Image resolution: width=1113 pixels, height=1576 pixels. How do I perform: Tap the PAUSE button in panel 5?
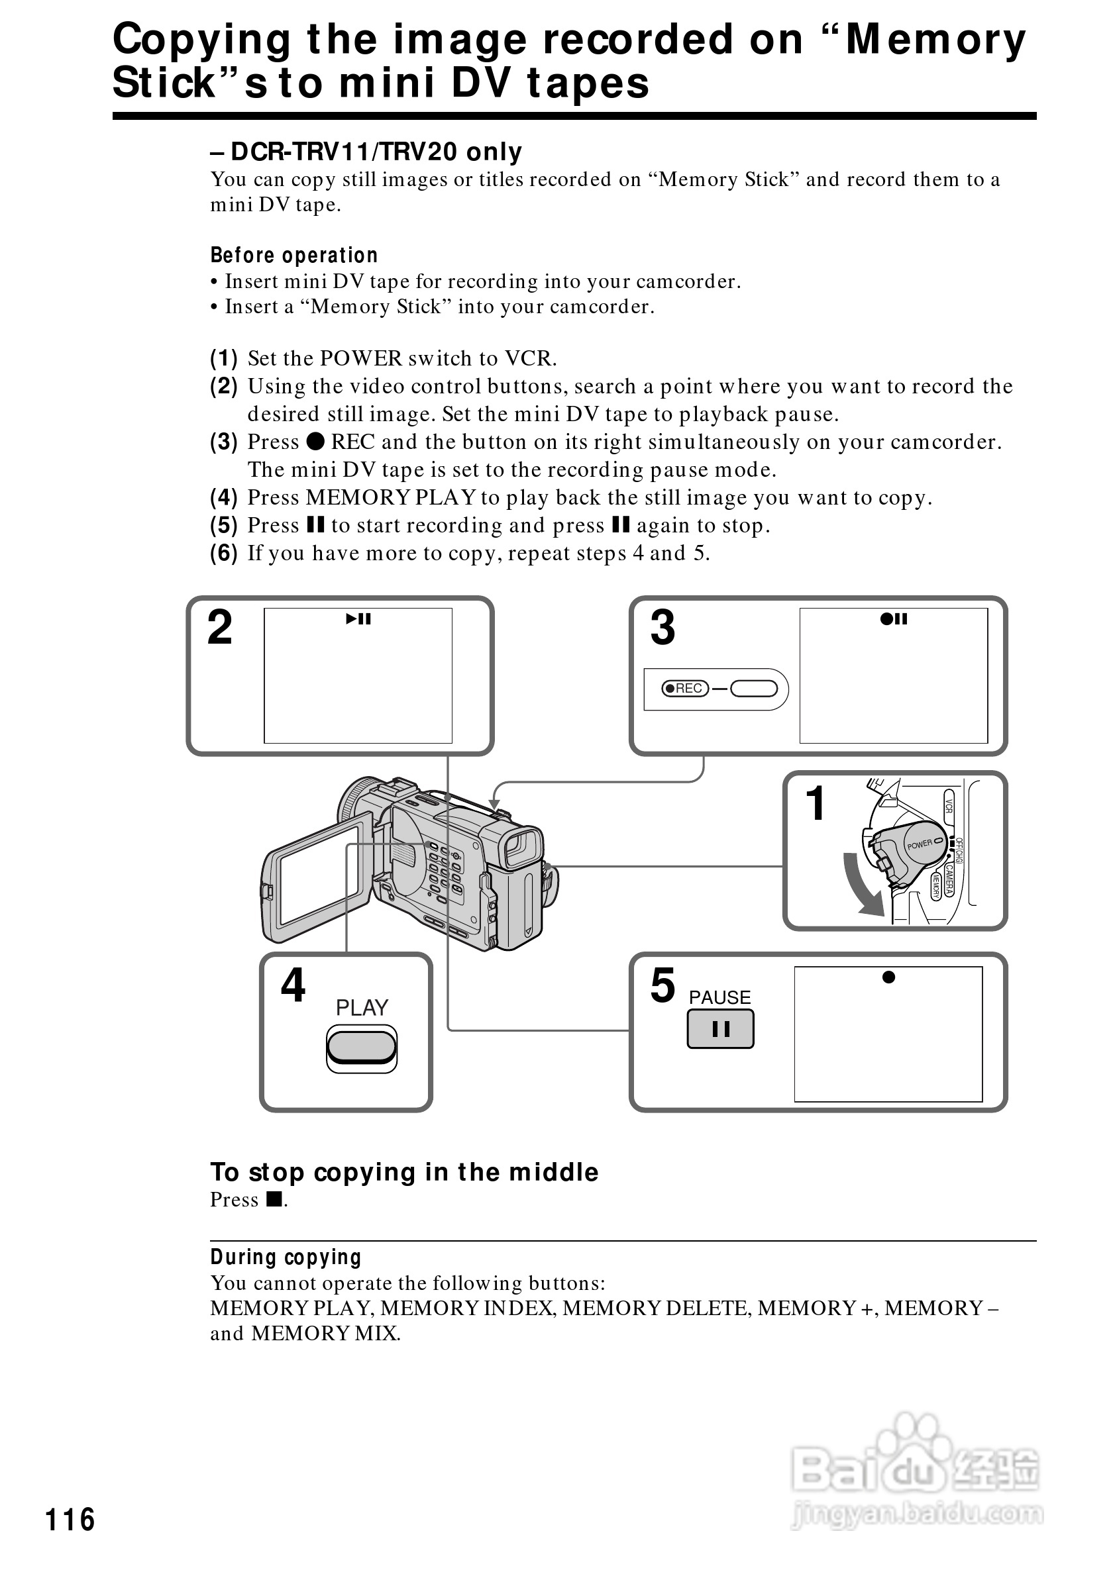pos(720,1029)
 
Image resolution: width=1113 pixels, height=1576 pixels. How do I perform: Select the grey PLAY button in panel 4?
pos(362,1046)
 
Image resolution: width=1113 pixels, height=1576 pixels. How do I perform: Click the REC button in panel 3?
pos(684,689)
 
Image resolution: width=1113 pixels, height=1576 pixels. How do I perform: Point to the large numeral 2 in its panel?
pos(220,627)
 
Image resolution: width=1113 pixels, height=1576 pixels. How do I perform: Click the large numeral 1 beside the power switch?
pos(815,803)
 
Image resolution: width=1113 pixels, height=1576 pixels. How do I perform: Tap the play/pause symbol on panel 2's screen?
pos(358,619)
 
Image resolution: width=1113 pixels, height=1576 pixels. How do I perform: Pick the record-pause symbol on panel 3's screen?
pos(893,619)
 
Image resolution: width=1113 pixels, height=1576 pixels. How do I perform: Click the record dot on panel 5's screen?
pos(888,977)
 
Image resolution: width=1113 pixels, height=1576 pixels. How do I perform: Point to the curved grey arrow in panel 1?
pos(864,885)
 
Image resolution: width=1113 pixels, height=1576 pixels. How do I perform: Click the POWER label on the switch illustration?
pos(920,844)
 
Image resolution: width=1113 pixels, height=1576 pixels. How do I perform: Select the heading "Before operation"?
pos(294,256)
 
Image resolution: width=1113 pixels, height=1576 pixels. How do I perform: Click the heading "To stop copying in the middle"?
pos(403,1172)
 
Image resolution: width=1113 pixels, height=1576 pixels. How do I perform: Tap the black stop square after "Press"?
pos(274,1199)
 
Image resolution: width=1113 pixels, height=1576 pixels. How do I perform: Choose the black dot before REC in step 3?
pos(315,442)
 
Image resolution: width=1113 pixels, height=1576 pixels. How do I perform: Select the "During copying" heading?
pos(286,1257)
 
